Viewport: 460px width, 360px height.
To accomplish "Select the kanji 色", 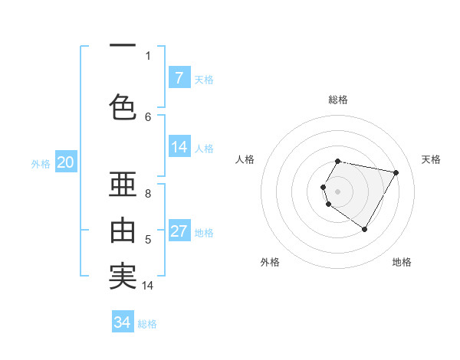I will [123, 107].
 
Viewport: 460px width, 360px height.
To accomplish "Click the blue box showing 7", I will [179, 78].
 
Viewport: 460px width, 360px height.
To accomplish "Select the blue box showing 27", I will [179, 231].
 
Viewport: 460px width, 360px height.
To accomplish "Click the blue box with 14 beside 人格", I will [179, 147].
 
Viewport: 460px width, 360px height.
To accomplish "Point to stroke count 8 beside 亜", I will [148, 194].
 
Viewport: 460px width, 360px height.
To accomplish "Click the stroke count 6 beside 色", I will [148, 116].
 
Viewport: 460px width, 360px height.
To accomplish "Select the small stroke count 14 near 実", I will [148, 286].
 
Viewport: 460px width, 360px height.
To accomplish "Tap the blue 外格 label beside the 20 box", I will [41, 163].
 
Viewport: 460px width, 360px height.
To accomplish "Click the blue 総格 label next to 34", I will [147, 324].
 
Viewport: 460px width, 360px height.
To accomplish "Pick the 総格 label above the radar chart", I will [338, 100].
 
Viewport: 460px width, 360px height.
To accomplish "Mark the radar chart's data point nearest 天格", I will [396, 173].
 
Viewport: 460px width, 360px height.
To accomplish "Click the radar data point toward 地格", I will [365, 229].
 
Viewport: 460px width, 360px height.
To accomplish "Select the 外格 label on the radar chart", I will [270, 263].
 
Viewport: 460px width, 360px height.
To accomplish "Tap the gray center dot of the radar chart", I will [338, 191].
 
